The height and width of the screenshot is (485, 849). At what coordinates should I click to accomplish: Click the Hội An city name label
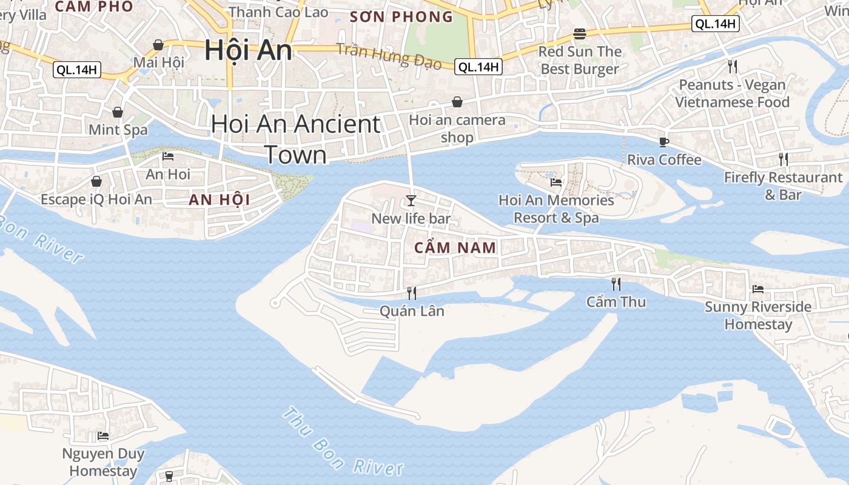coord(248,50)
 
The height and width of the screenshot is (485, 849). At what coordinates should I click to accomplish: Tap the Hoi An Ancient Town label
coord(296,139)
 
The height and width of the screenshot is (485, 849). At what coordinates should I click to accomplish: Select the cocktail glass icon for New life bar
coord(411,200)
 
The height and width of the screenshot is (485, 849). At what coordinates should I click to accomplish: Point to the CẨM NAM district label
coord(455,247)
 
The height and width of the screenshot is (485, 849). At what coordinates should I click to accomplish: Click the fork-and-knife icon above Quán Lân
coord(412,293)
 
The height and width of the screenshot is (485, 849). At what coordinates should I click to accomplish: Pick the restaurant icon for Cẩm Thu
coord(616,284)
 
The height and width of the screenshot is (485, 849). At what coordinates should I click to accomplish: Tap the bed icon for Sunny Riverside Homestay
coord(758,289)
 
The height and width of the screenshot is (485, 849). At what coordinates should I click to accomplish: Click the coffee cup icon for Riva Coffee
coord(664,142)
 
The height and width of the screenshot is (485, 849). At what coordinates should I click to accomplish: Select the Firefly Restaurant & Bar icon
coord(784,159)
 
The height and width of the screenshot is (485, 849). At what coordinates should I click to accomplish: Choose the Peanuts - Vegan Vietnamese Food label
coord(733,93)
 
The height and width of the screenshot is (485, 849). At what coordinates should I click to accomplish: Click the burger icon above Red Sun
coord(580,33)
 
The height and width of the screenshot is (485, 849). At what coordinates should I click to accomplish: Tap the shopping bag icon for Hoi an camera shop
coord(457,102)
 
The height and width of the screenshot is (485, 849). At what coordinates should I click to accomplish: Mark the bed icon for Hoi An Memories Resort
coord(556,182)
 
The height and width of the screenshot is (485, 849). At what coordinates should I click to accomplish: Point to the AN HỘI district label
coord(219,199)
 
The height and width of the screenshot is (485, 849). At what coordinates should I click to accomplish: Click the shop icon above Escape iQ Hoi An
coord(96,181)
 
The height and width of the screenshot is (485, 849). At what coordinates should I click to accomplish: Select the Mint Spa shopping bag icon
coord(118,112)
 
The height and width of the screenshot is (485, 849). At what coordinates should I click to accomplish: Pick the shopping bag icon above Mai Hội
coord(158,45)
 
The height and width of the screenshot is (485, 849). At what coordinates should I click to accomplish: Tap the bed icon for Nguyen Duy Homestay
coord(103,435)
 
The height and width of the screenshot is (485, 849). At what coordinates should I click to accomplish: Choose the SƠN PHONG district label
coord(401,16)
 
